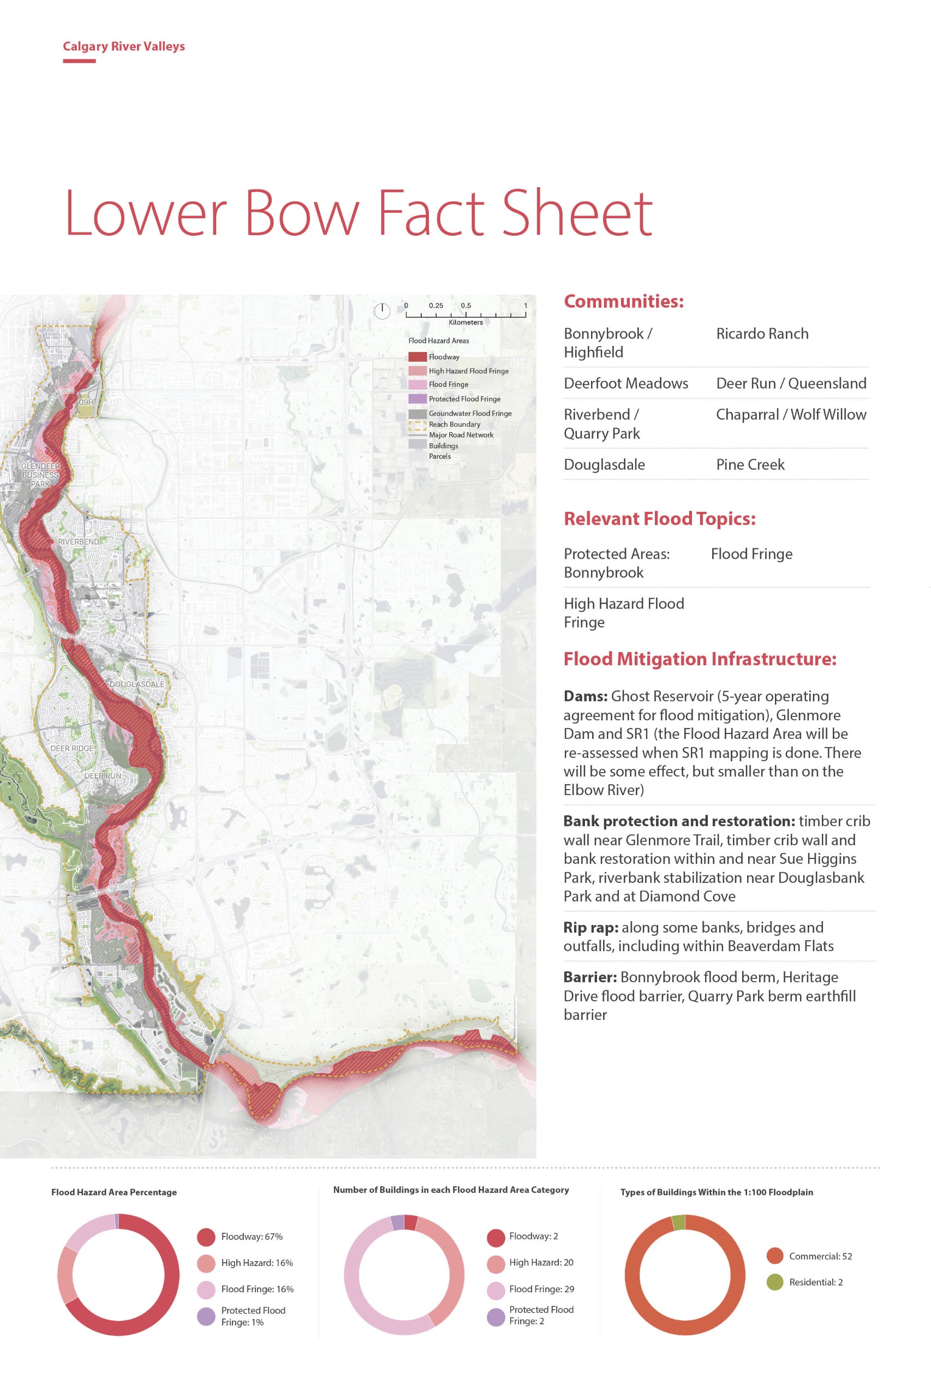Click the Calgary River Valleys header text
(123, 46)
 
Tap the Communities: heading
(623, 301)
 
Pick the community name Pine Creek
(750, 464)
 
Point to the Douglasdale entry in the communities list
(604, 464)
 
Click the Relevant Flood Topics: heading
(659, 518)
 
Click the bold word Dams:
(585, 696)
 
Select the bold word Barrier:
(589, 977)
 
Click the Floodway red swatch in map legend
(417, 357)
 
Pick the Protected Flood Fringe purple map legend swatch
(417, 398)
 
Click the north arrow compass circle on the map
(382, 310)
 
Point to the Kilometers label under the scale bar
(466, 323)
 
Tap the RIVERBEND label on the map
(79, 541)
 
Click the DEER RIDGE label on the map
(72, 748)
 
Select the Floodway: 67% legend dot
(206, 1237)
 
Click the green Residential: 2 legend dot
(775, 1282)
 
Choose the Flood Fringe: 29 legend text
(541, 1289)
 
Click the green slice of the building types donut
(678, 1223)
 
